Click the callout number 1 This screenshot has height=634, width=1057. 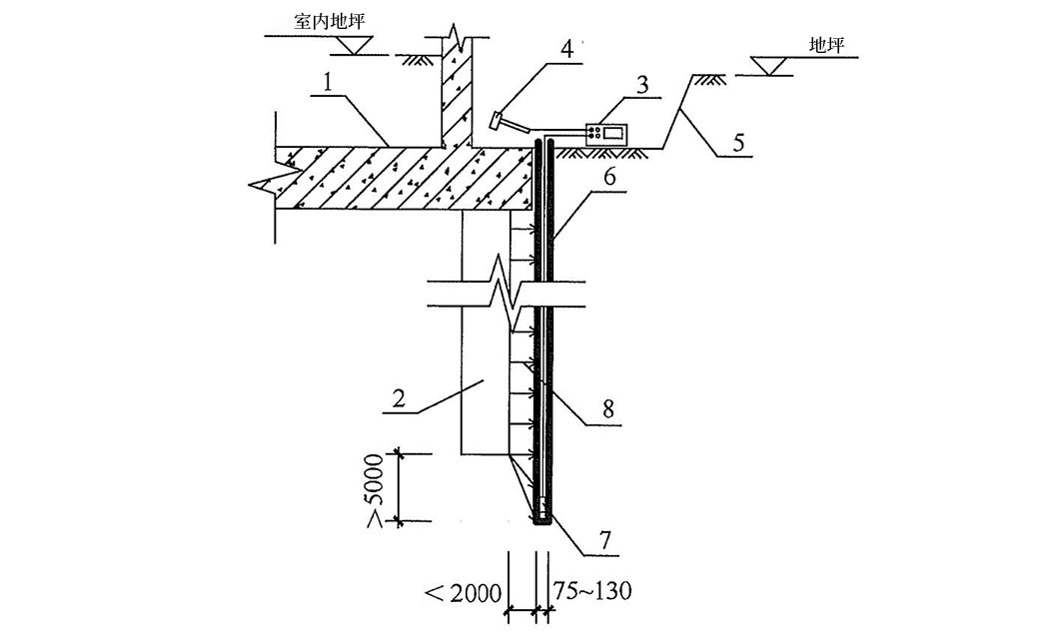tap(329, 84)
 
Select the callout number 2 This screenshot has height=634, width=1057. tap(399, 398)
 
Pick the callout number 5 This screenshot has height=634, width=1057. tap(739, 143)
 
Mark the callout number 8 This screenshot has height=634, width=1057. tap(608, 408)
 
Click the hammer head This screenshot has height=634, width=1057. tap(496, 120)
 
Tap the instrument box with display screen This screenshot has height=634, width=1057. tap(606, 133)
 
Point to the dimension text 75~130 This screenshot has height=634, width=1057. tap(592, 591)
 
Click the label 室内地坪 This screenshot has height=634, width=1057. tap(330, 22)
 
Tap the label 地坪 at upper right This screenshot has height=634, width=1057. tap(827, 45)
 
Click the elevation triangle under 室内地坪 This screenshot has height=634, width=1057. tap(352, 45)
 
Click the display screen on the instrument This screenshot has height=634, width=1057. tap(613, 133)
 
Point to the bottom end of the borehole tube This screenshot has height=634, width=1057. tap(541, 522)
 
